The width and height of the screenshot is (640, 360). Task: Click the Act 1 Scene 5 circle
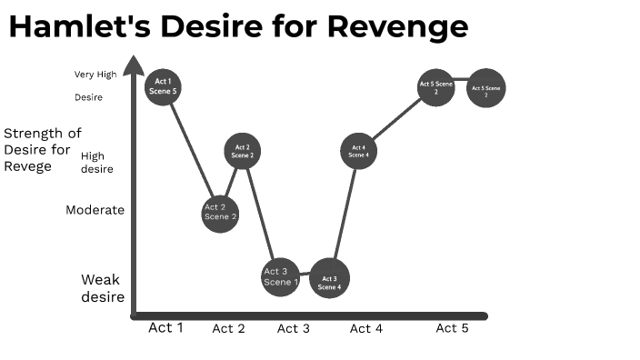tap(164, 86)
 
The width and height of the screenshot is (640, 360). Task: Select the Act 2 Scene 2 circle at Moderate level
tap(220, 214)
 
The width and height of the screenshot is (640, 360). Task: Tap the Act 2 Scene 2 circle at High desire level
tap(243, 151)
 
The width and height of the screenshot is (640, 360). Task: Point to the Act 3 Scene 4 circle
tap(330, 279)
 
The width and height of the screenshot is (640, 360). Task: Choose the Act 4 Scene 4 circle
tap(358, 151)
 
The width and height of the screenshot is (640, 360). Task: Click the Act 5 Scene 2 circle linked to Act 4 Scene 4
tap(435, 87)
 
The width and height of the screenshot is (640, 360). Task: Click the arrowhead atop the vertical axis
tap(134, 64)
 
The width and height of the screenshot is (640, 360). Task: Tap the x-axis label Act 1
tap(165, 327)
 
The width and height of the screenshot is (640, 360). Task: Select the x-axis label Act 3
tap(293, 328)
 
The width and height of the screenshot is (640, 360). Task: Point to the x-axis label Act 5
tap(452, 328)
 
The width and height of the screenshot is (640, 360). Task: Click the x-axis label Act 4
tap(365, 328)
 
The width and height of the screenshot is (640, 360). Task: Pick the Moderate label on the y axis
tap(95, 210)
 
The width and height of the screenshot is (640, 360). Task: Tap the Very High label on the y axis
tap(95, 75)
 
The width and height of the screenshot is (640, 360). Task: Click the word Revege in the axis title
tap(27, 166)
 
